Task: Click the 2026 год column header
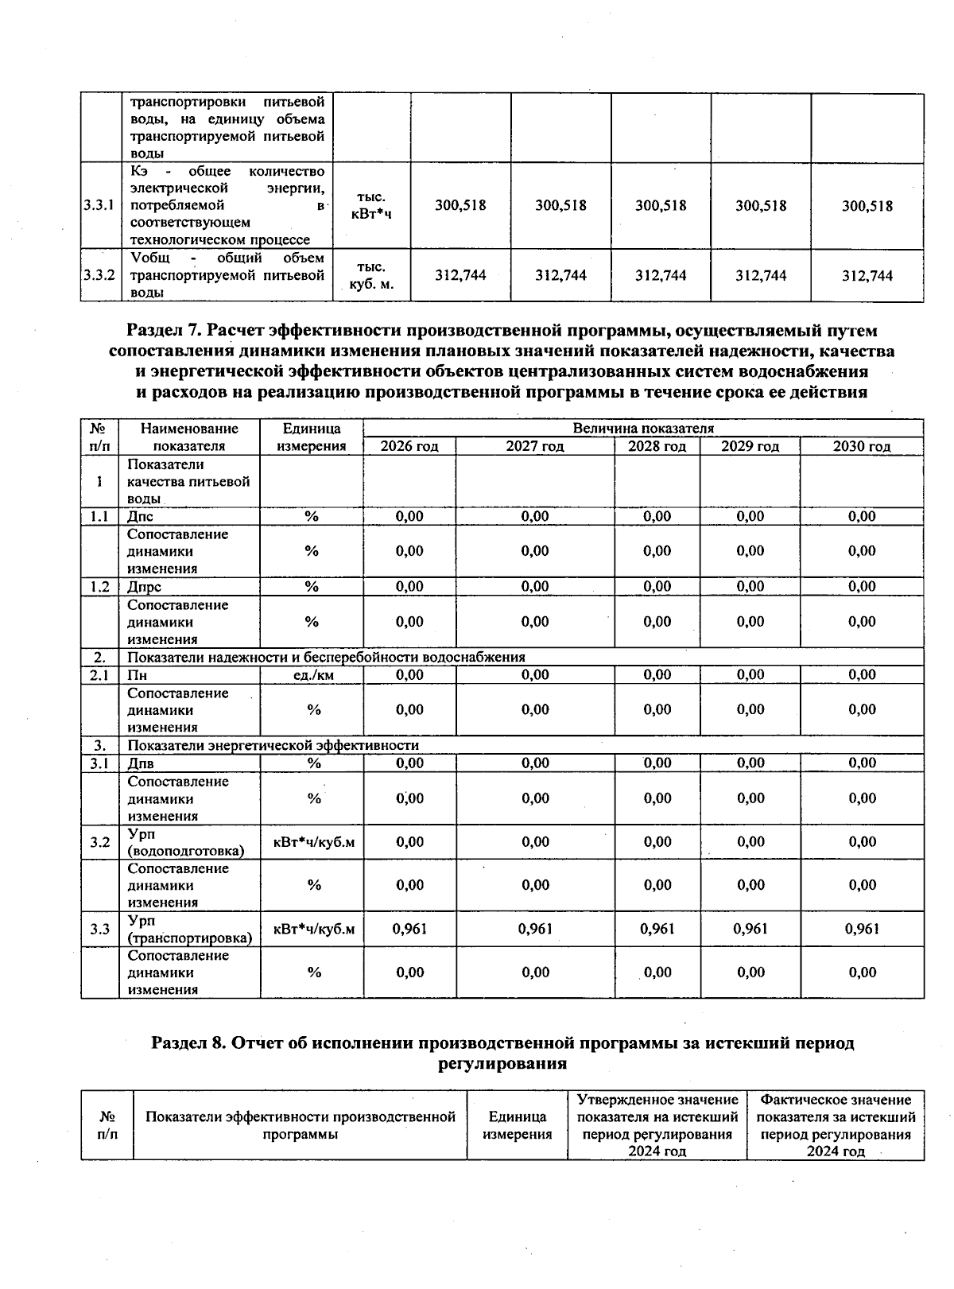[x=409, y=446]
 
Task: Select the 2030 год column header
[x=862, y=446]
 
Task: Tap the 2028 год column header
[x=657, y=446]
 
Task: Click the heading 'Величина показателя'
[x=643, y=429]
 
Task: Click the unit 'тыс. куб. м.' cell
[x=371, y=275]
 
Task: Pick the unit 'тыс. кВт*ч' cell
[x=371, y=205]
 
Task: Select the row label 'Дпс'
[x=141, y=517]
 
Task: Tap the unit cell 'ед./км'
[x=311, y=675]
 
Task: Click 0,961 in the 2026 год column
[x=409, y=929]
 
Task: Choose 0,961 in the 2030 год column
[x=862, y=929]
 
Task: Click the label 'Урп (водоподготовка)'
[x=185, y=842]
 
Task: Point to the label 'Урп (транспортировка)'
[x=189, y=929]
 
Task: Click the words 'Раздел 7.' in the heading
[x=162, y=330]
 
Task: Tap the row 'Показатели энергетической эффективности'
[x=273, y=746]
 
